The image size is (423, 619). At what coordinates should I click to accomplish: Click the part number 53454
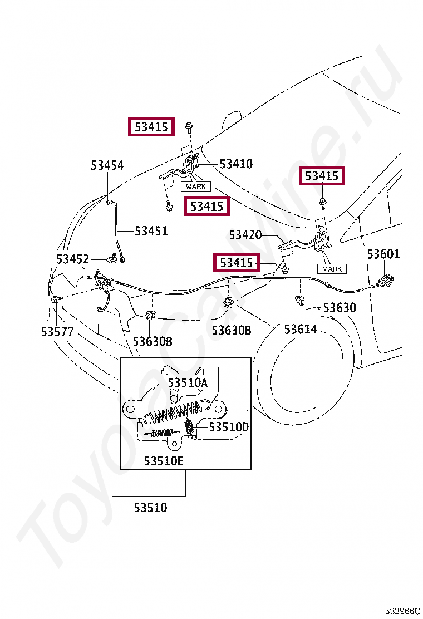point(107,165)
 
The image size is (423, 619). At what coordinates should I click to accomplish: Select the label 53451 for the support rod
point(151,230)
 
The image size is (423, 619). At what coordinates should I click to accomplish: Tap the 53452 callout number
point(72,259)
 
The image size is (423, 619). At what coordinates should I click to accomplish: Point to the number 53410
point(236,164)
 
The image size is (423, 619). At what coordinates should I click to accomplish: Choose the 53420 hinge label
point(245,235)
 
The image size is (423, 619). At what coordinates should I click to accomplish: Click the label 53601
point(383,254)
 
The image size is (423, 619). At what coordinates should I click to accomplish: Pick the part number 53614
point(301,329)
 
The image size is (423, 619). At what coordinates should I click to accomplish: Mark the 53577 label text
point(57,331)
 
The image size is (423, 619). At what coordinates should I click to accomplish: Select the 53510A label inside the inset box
point(188,382)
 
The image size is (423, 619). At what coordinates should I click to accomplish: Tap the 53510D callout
point(229,427)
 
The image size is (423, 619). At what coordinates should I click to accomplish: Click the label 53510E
point(164,461)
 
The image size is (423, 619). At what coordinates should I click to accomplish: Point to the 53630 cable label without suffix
point(340,308)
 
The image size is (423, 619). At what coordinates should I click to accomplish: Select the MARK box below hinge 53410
point(195,186)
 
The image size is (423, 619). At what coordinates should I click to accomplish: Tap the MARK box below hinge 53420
point(332,269)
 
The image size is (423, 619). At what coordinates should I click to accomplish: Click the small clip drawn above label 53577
point(55,300)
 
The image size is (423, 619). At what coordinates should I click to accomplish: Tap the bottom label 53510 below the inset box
point(150,507)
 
